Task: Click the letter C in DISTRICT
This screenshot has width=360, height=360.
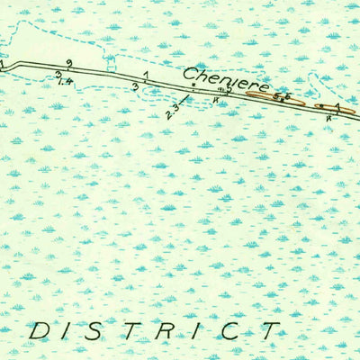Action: pyautogui.click(x=230, y=330)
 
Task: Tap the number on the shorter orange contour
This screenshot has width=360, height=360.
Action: pyautogui.click(x=337, y=106)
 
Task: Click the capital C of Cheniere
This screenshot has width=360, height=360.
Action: pyautogui.click(x=191, y=74)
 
